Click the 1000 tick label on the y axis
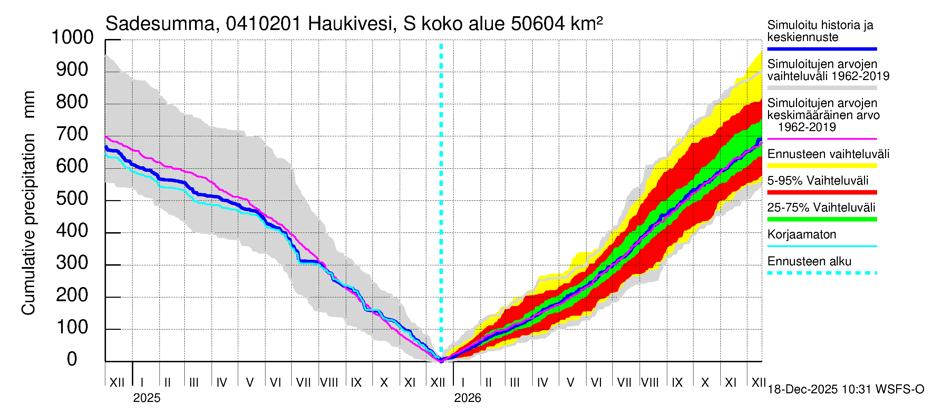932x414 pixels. click(72, 37)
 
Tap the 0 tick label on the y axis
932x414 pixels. click(72, 359)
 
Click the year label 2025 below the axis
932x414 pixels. click(146, 398)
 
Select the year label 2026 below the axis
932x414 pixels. click(467, 398)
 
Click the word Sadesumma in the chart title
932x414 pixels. click(159, 24)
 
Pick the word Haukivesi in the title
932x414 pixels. click(350, 24)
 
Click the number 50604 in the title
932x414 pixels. click(538, 24)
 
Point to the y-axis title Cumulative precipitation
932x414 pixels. click(28, 203)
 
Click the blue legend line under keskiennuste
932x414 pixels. click(822, 49)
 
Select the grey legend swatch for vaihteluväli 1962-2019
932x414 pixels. click(822, 88)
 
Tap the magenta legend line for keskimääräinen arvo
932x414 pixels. click(822, 139)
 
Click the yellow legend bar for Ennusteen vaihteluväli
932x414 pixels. click(822, 166)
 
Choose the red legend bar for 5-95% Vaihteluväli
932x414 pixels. click(822, 193)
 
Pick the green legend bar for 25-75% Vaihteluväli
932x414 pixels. click(822, 219)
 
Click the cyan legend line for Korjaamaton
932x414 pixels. click(822, 246)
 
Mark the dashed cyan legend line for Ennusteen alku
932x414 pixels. click(822, 273)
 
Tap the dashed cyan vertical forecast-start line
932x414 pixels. click(441, 181)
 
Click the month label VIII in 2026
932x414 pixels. click(650, 382)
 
